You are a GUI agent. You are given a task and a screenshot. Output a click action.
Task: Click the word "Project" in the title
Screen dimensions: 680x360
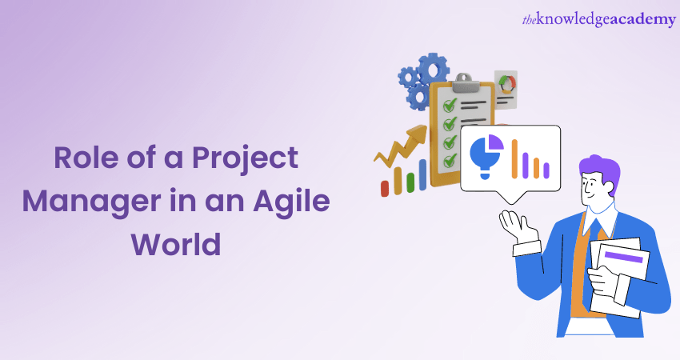coord(245,158)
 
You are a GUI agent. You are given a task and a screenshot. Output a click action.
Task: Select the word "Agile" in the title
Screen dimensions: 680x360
coord(292,202)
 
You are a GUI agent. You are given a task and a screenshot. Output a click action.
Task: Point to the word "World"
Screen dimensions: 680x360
coord(176,244)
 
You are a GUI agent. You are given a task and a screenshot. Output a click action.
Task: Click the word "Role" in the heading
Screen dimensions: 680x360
coord(86,157)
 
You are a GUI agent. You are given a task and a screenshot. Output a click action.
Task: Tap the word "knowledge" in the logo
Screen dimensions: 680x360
coord(572,20)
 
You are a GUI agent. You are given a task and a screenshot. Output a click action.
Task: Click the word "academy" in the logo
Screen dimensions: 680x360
coord(642,20)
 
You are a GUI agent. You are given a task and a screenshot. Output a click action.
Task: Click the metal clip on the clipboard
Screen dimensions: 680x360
coord(465,83)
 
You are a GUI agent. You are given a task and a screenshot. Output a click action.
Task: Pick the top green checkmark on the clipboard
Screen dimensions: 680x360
coord(450,105)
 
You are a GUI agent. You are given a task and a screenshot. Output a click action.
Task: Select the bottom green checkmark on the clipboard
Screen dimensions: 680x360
coord(450,161)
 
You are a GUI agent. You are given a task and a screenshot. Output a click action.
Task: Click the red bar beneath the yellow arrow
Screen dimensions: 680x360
coord(385,189)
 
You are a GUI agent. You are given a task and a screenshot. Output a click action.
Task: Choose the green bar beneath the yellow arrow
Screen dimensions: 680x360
coord(411,182)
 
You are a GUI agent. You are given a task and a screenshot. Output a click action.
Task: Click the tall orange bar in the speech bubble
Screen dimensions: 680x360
coord(514,158)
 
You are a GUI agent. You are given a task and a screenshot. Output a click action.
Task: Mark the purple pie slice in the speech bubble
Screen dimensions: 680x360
coord(496,142)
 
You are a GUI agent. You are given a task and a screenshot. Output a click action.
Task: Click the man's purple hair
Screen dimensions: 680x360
coord(601,170)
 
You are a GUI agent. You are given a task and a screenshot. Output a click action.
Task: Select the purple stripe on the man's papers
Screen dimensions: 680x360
coord(624,257)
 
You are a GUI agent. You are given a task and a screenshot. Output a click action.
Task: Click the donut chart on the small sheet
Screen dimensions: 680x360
coord(507,84)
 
